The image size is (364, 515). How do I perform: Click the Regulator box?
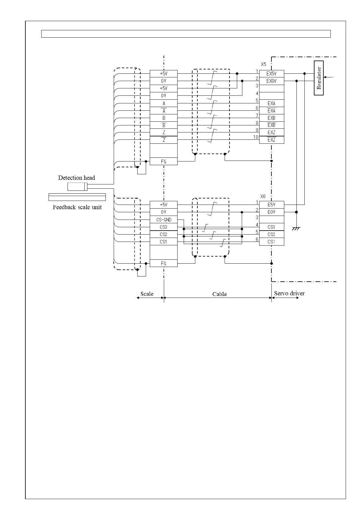[319, 78]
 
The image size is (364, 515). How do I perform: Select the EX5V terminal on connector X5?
[271, 74]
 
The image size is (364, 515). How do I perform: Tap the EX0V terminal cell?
[271, 81]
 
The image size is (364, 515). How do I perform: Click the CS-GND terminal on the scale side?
[164, 220]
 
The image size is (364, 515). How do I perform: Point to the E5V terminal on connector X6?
[271, 205]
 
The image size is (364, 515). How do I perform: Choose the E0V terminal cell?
[271, 212]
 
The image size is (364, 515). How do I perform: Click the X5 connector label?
[263, 65]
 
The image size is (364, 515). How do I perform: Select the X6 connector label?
[263, 196]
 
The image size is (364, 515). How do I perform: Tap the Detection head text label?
[76, 178]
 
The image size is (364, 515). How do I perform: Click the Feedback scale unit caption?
[77, 207]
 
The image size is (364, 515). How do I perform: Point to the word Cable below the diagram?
[219, 294]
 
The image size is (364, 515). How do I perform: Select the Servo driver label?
[289, 293]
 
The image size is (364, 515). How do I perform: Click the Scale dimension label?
[147, 294]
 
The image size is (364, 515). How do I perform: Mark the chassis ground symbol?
[296, 228]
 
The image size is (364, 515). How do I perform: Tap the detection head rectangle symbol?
[77, 187]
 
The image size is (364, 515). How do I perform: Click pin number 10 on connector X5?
[256, 137]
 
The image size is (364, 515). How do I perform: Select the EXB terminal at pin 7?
[271, 118]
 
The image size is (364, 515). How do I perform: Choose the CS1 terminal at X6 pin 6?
[271, 242]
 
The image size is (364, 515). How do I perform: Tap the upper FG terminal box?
[164, 161]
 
